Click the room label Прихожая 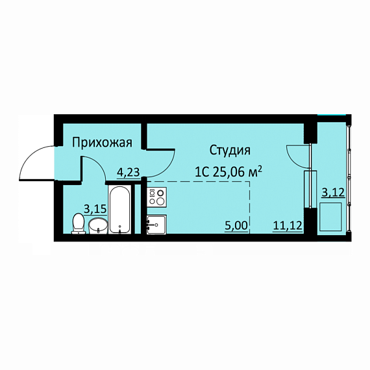coord(102,143)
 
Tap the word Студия coord(230,151)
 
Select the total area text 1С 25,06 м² coord(228,172)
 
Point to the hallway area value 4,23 coord(129,172)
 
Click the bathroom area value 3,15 coord(95,209)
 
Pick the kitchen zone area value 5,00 coord(236,226)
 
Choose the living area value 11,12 coord(288,226)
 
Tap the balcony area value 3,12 coord(334,193)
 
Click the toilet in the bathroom coord(79,223)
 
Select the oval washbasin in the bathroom coord(98,226)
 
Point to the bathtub coord(119,209)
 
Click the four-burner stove coord(156,197)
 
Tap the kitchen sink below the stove coord(156,225)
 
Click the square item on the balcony coord(330,217)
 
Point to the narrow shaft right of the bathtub coord(138,209)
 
